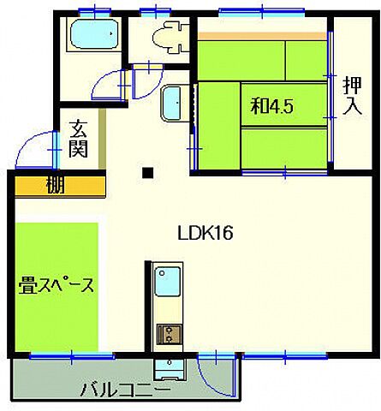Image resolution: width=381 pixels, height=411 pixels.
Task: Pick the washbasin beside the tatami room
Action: [x=173, y=104]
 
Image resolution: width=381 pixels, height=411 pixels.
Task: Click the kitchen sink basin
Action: [x=167, y=282]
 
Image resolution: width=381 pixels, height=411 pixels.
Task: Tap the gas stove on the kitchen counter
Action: [x=167, y=335]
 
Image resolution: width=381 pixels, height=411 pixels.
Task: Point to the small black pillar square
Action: [x=148, y=173]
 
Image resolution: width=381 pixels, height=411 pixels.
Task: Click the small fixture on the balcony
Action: [x=167, y=370]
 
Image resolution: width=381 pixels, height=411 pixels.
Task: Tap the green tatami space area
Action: [x=57, y=257]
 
